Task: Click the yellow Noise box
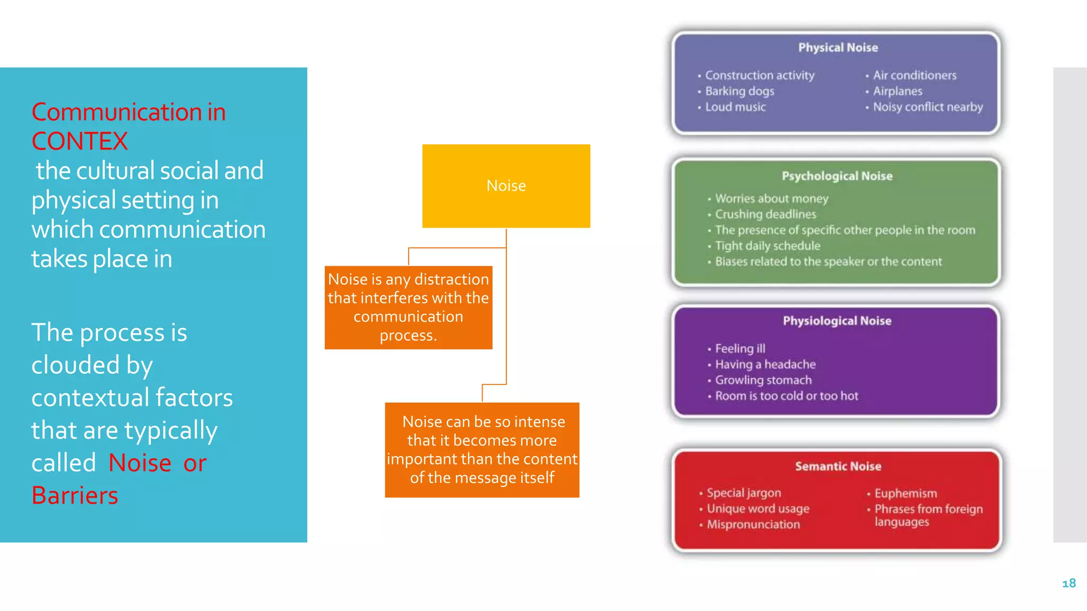506,186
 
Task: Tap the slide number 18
1068,583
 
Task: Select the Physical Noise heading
838,48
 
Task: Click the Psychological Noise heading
836,176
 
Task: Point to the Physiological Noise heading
836,321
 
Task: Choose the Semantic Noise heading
838,466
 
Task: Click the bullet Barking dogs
739,91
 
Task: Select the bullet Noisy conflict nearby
927,107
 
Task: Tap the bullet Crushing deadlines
765,214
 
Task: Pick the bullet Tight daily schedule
767,246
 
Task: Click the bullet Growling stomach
763,380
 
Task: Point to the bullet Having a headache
765,364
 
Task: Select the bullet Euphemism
905,493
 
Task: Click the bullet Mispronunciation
753,525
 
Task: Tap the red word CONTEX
80,142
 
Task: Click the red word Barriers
75,495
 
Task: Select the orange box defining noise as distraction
408,308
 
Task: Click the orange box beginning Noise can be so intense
482,450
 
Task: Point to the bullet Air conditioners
914,75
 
